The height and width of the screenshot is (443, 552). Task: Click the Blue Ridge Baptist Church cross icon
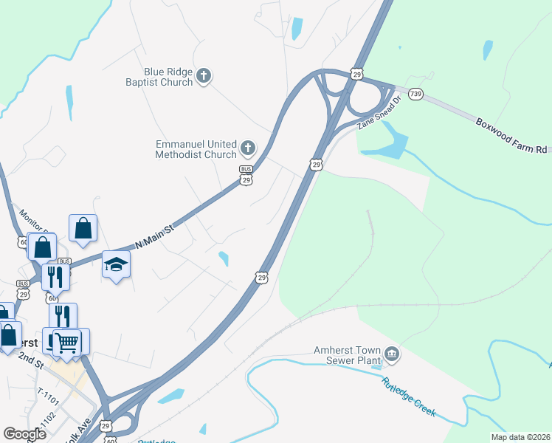204,75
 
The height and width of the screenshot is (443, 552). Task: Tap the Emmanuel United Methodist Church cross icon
248,148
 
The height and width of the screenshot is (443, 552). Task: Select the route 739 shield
416,94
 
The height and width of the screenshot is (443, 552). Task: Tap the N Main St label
153,236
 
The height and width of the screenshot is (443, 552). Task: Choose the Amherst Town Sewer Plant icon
392,355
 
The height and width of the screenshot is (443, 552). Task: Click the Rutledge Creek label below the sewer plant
408,397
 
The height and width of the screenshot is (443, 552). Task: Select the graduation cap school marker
116,264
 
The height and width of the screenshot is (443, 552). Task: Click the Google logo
25,433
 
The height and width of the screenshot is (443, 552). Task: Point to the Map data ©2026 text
520,437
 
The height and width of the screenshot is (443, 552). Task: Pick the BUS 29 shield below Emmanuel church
246,175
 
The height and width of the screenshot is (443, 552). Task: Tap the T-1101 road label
47,398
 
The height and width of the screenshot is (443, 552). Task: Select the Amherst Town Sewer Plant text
348,355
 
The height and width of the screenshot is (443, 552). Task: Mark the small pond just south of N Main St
224,258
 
